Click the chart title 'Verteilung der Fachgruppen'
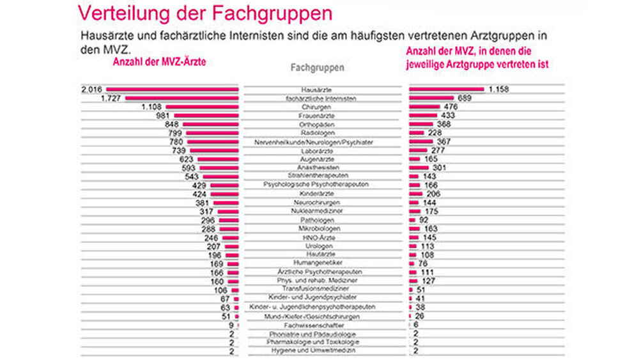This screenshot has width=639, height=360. (x=204, y=12)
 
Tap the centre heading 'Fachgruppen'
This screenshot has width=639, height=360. (x=318, y=67)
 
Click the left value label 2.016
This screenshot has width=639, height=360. (x=93, y=90)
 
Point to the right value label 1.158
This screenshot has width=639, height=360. (x=502, y=90)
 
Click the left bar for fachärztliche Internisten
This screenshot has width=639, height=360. (x=181, y=98)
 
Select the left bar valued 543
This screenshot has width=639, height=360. (x=220, y=176)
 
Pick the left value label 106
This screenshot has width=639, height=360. (x=220, y=289)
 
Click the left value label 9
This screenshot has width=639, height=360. (x=231, y=325)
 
